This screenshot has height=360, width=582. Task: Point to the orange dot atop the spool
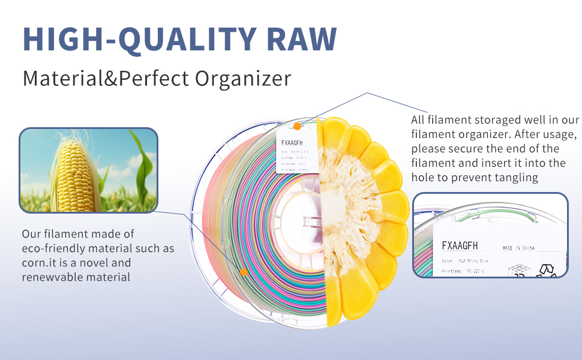[x=297, y=127]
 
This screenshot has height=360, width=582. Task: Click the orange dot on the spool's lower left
[x=244, y=272]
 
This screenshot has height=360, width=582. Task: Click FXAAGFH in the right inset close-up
[x=460, y=245]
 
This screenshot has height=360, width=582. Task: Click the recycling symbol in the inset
[x=548, y=270]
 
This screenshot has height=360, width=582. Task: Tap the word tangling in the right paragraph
[x=516, y=178]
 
